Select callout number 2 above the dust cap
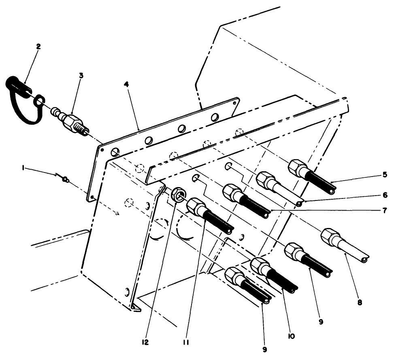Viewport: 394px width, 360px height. (38, 47)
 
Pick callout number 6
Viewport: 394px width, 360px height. (384, 194)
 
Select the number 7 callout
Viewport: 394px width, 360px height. (384, 211)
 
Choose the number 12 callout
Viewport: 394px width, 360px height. (145, 342)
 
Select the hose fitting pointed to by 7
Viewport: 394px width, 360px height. (245, 200)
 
